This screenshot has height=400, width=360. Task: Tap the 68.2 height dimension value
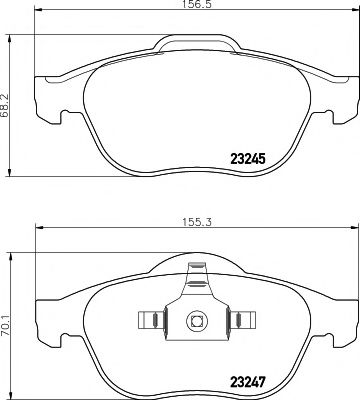point(5,105)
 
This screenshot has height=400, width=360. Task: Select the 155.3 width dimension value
point(197,222)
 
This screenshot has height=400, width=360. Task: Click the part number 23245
point(248,159)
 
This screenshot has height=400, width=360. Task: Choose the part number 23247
point(248,382)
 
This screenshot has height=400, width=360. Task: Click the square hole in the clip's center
point(197,321)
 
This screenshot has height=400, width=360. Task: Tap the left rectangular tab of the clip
point(152,320)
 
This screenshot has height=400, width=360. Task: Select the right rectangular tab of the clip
point(242,320)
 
